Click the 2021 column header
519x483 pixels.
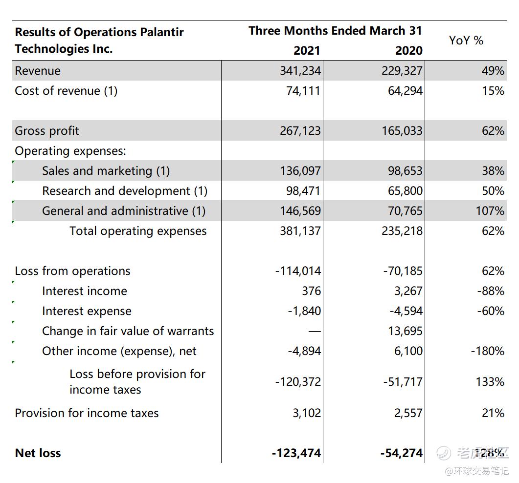pos(307,51)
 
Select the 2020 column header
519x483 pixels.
pos(409,51)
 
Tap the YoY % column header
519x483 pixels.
pos(466,41)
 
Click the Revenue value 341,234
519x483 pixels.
pos(300,71)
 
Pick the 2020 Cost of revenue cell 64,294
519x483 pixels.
pos(405,91)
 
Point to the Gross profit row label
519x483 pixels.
pos(47,131)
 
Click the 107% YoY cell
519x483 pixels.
pos(490,211)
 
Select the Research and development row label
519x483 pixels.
pos(125,191)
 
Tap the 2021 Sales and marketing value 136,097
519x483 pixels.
pos(300,171)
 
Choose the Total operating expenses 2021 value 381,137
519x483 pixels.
pos(300,231)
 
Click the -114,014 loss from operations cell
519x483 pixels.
pos(298,271)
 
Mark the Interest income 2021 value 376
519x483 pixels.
pos(311,291)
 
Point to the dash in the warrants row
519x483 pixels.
pos(315,331)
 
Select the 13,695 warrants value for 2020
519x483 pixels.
pos(405,331)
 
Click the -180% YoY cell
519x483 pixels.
pos(488,351)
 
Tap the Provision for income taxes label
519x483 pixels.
pos(87,413)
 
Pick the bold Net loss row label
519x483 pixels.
pos(38,453)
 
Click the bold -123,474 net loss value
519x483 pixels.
pos(296,453)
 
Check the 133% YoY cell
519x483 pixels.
pos(490,382)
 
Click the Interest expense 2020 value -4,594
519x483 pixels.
pos(406,311)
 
